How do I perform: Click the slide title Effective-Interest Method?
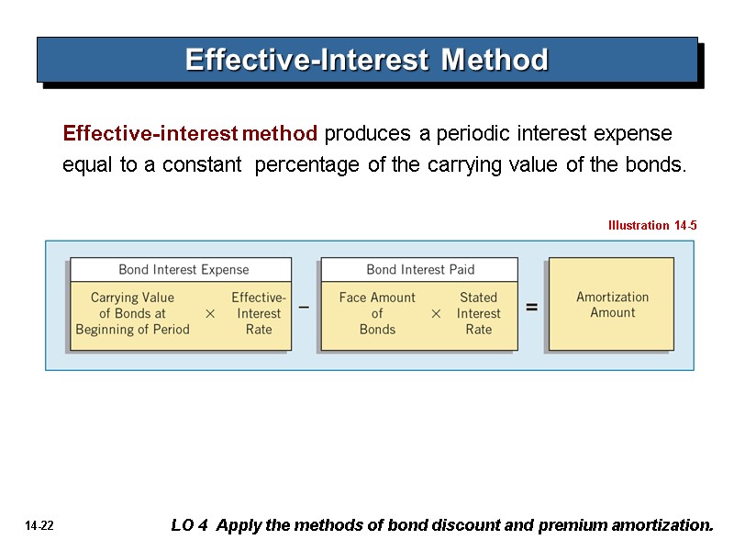pyautogui.click(x=366, y=61)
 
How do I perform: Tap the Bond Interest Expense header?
pyautogui.click(x=183, y=270)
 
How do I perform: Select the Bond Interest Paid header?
pyautogui.click(x=419, y=270)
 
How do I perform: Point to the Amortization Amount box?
pyautogui.click(x=612, y=305)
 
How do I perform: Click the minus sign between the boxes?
pyautogui.click(x=304, y=309)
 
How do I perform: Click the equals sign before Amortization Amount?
pyautogui.click(x=531, y=309)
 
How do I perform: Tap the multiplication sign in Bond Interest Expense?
pyautogui.click(x=210, y=314)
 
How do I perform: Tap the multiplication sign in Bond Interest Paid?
pyautogui.click(x=436, y=314)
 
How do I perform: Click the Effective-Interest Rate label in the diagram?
pyautogui.click(x=259, y=313)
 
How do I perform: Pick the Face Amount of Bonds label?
pyautogui.click(x=377, y=313)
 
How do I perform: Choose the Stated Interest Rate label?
pyautogui.click(x=478, y=313)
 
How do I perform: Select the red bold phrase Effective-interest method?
pyautogui.click(x=190, y=134)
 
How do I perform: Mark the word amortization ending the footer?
pyautogui.click(x=662, y=526)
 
